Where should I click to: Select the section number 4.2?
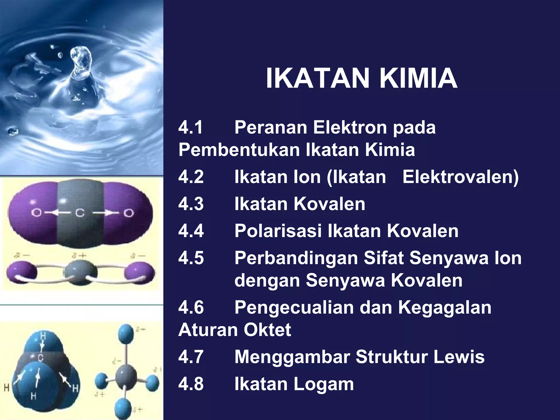[191, 177]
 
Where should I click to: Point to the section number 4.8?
[191, 384]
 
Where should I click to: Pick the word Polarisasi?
[278, 231]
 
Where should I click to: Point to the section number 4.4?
[191, 231]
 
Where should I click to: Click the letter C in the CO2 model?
[80, 212]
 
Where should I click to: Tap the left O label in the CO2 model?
[36, 212]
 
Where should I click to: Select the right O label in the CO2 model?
[129, 212]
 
